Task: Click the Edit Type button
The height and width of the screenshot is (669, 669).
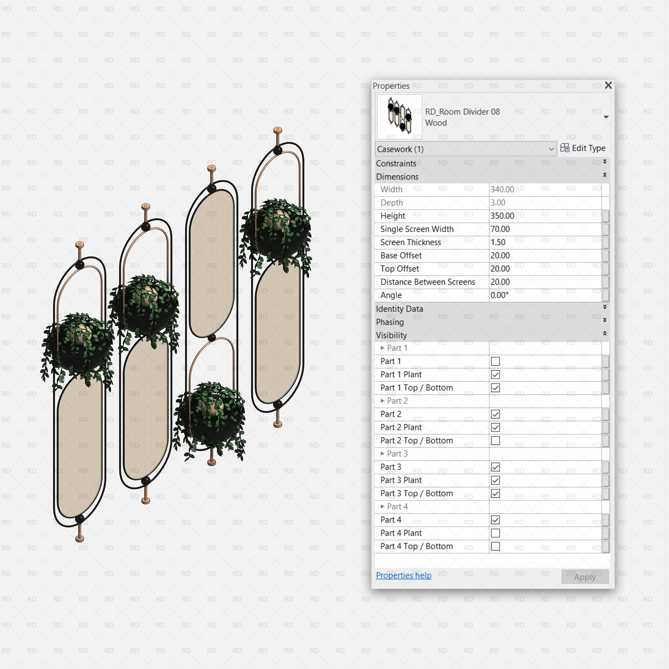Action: pyautogui.click(x=583, y=148)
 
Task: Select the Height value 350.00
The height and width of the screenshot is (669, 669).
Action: pyautogui.click(x=502, y=216)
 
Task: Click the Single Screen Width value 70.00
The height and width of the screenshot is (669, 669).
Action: pyautogui.click(x=500, y=229)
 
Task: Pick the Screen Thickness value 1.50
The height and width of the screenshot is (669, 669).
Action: pyautogui.click(x=498, y=242)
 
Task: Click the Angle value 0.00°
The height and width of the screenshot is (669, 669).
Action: pyautogui.click(x=499, y=295)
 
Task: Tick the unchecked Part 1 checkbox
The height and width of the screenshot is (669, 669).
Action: pyautogui.click(x=495, y=361)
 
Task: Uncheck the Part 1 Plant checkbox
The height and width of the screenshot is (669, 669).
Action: pyautogui.click(x=495, y=374)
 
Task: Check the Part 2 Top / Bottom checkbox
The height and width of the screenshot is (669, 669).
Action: pyautogui.click(x=495, y=440)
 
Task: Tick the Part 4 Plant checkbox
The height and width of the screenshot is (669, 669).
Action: pyautogui.click(x=495, y=533)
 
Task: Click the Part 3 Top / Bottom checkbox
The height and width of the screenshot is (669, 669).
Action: pyautogui.click(x=495, y=493)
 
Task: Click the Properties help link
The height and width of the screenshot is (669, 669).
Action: pyautogui.click(x=403, y=575)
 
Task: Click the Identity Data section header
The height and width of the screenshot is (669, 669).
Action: pyautogui.click(x=400, y=309)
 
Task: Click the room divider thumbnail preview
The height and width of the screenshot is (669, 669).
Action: pyautogui.click(x=399, y=117)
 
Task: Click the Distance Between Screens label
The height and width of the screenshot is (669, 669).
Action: pyautogui.click(x=428, y=282)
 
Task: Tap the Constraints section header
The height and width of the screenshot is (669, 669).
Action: pyautogui.click(x=396, y=163)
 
